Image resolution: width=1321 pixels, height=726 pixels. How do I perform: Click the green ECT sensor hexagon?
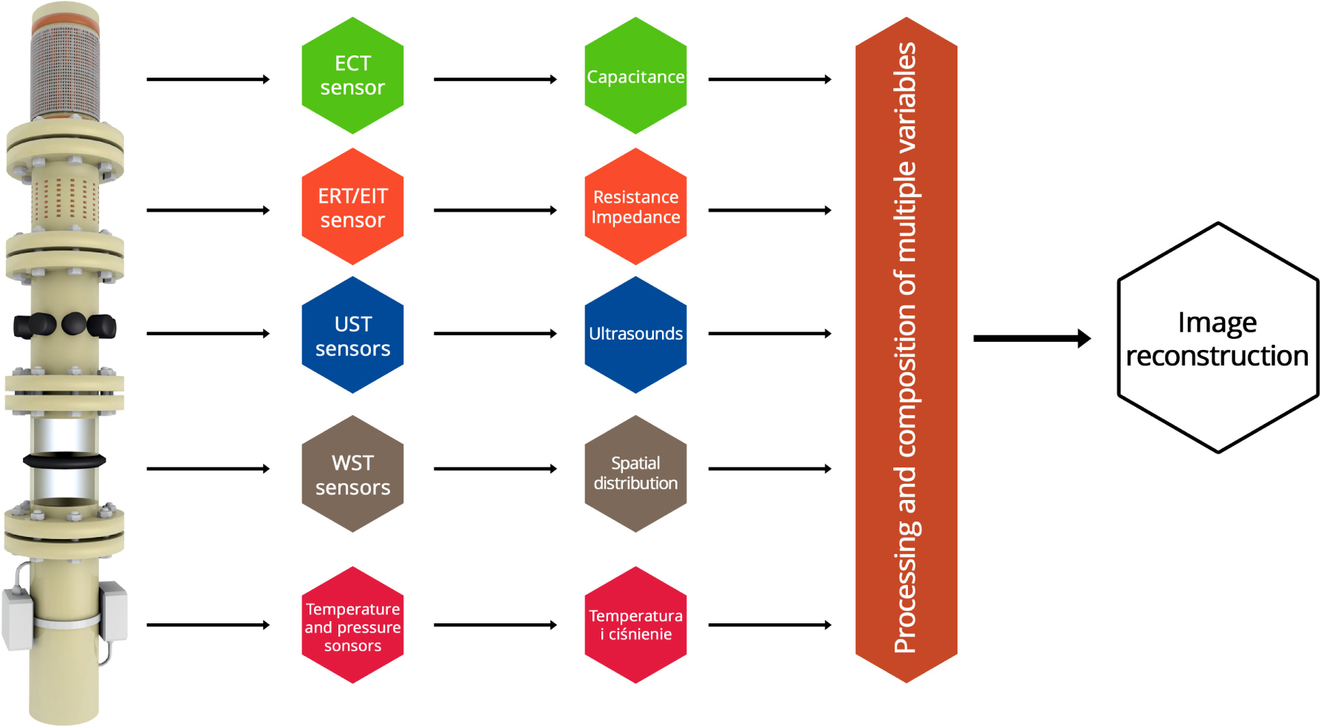click(x=352, y=75)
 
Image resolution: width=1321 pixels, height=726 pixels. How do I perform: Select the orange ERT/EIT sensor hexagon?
click(x=352, y=207)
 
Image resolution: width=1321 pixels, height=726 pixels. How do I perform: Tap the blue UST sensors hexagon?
click(x=352, y=335)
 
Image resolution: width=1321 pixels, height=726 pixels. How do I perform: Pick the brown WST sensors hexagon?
click(x=352, y=473)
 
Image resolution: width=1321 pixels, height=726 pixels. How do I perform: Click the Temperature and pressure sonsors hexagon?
click(x=352, y=625)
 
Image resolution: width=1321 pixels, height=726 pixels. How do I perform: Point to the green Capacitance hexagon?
click(x=635, y=75)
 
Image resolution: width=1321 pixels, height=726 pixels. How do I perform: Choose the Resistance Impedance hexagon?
click(x=635, y=207)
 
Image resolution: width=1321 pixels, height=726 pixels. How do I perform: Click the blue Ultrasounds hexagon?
click(x=635, y=335)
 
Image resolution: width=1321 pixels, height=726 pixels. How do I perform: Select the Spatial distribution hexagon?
click(x=635, y=473)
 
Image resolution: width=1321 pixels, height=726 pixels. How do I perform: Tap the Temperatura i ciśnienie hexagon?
click(x=635, y=625)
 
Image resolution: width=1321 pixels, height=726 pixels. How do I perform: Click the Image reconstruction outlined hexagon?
click(x=1218, y=338)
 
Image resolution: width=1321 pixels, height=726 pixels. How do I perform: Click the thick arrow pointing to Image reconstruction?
click(x=1031, y=338)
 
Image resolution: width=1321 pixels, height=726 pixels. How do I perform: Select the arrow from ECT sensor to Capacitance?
click(x=494, y=79)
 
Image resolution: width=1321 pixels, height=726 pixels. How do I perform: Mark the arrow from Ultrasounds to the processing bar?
click(x=769, y=334)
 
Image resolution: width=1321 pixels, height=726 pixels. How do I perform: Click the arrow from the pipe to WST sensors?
click(x=208, y=468)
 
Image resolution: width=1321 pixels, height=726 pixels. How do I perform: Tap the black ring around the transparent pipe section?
click(x=64, y=460)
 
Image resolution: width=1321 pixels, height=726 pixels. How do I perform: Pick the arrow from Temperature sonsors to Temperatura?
click(x=494, y=625)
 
